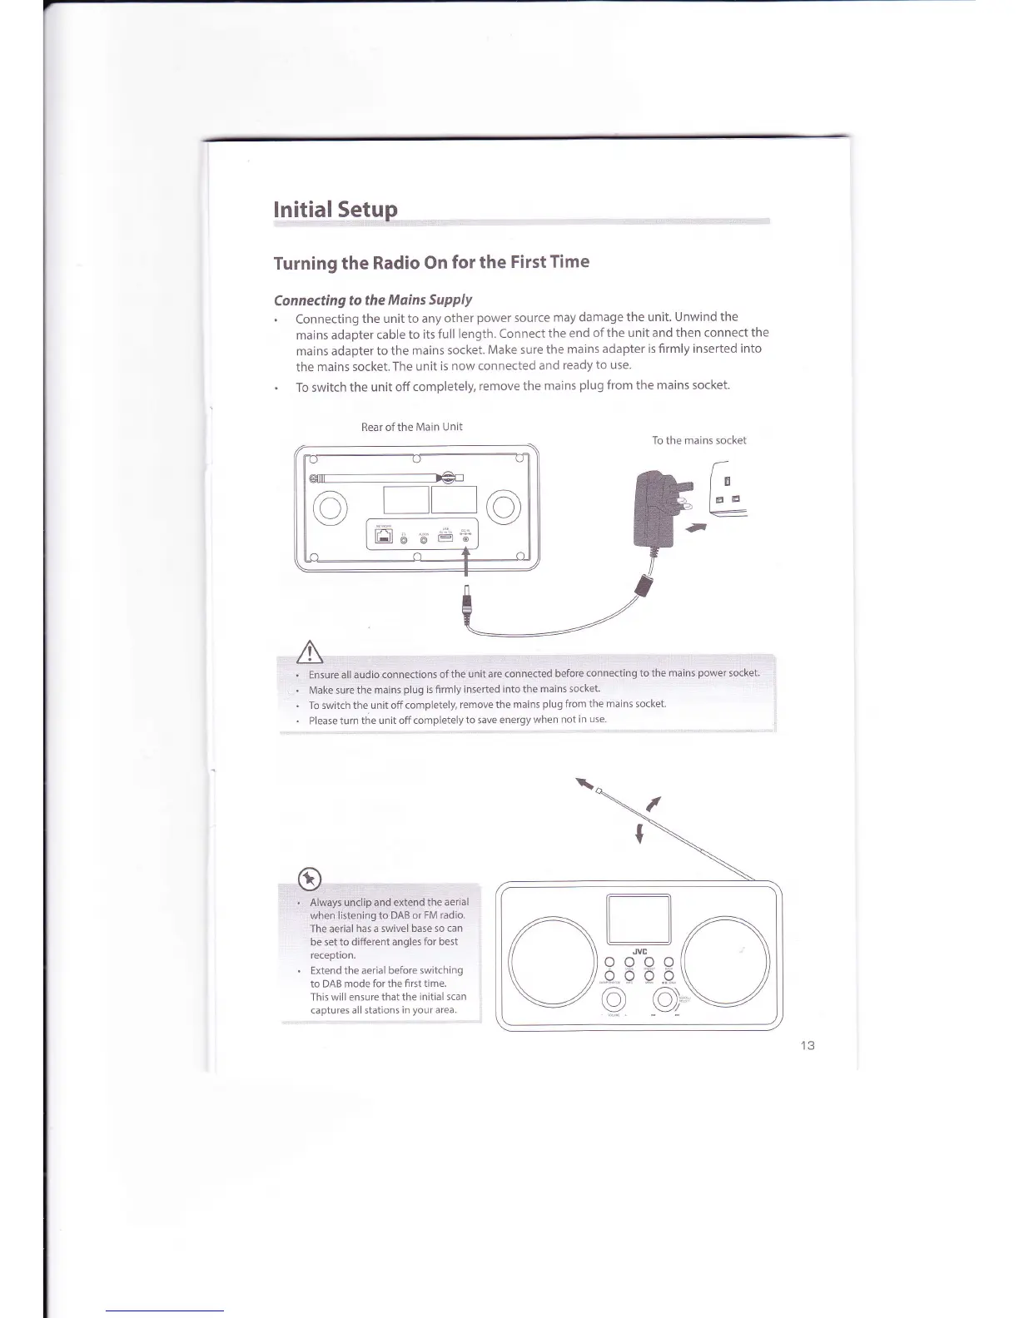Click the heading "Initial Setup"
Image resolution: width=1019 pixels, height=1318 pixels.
pos(336,208)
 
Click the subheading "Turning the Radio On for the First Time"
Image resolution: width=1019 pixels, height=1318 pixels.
pos(431,262)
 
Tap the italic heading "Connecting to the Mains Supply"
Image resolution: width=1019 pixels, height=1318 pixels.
pos(373,300)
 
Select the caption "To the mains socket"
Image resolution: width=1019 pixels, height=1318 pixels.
pos(698,440)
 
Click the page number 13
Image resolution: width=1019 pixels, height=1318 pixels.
pos(806,1045)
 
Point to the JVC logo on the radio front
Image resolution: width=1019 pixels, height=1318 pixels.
pos(639,952)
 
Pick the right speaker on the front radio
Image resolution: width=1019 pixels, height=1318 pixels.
pos(725,958)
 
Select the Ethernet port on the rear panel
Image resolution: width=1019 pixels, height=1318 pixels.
pos(384,538)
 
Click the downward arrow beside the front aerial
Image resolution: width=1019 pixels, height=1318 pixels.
pos(639,833)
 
